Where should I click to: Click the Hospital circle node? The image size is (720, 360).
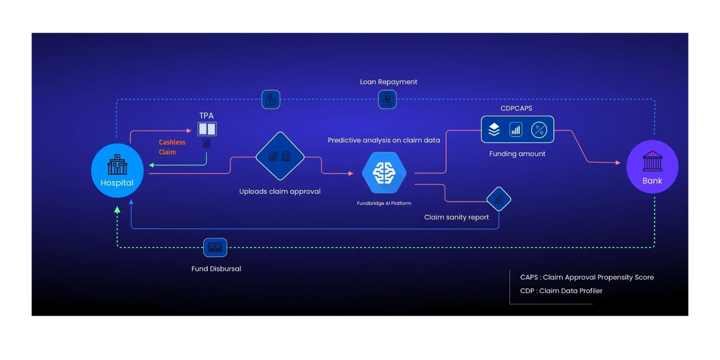click(x=117, y=170)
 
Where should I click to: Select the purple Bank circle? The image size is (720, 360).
click(x=652, y=167)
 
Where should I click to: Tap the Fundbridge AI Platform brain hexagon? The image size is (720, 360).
click(x=384, y=172)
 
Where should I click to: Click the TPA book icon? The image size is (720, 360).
click(x=207, y=129)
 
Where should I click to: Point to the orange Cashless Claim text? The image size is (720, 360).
click(x=172, y=147)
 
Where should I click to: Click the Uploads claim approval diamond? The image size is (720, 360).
click(x=280, y=156)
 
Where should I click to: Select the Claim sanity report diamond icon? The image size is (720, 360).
click(x=498, y=199)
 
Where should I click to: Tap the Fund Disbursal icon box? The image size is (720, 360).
click(x=215, y=247)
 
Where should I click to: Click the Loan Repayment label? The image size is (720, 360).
click(x=388, y=82)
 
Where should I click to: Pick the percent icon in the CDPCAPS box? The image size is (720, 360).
click(x=539, y=129)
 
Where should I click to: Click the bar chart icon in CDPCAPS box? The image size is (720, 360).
click(x=516, y=129)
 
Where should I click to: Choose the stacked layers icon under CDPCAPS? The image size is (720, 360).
click(x=494, y=129)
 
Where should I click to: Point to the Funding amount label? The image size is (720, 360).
click(x=517, y=154)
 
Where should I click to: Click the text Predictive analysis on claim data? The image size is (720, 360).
click(x=384, y=140)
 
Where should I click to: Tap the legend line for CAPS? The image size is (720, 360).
click(x=586, y=278)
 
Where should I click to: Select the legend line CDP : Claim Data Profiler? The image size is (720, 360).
click(x=561, y=291)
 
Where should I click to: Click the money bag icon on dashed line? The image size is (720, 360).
click(x=271, y=100)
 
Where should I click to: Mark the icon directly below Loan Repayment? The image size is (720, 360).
click(x=387, y=99)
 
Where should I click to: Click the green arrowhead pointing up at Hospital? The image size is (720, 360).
click(x=117, y=210)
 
